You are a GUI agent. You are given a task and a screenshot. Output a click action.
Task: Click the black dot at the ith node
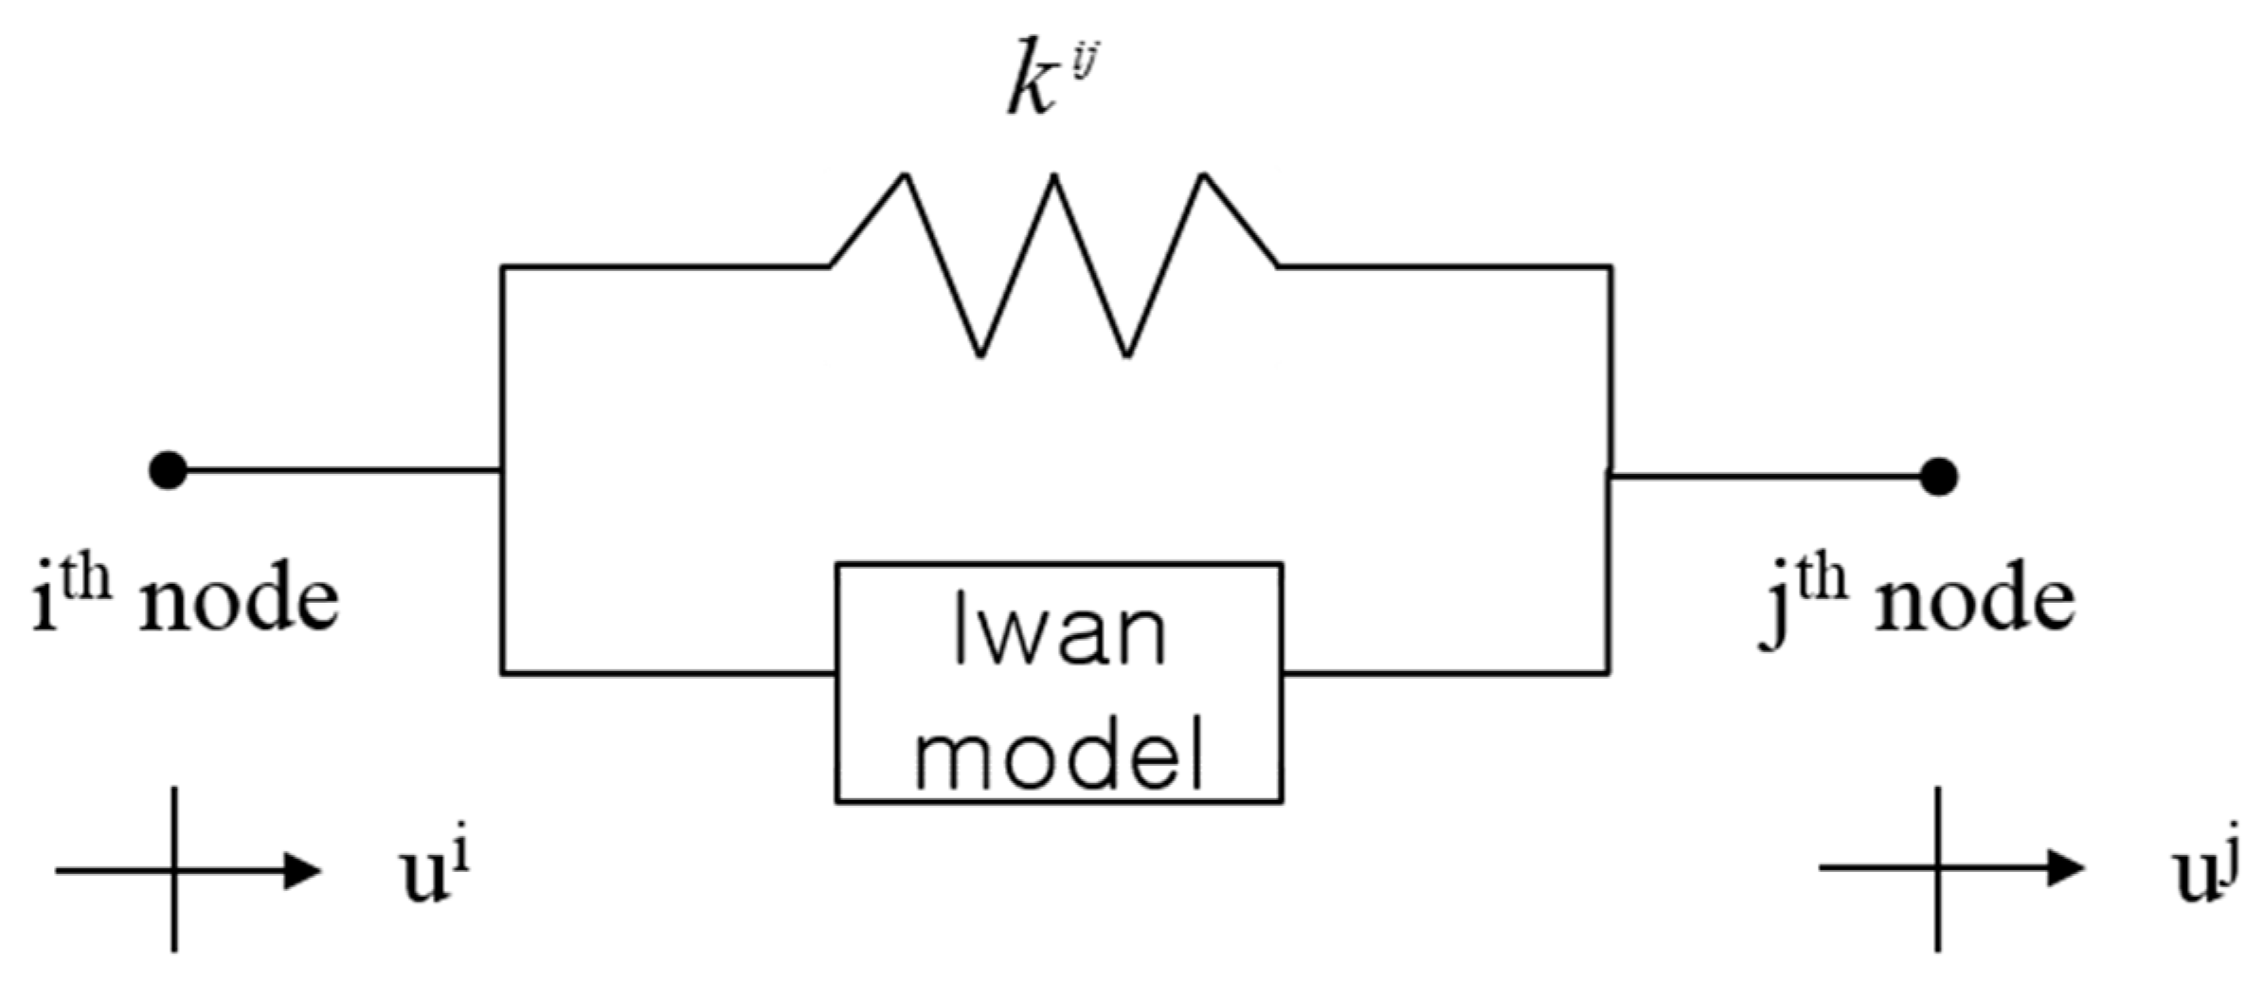click(169, 469)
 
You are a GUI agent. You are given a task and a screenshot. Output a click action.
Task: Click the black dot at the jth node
click(1938, 477)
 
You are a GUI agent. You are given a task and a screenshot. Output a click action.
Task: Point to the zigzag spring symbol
click(1053, 265)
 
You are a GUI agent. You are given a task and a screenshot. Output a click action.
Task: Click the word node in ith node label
click(239, 604)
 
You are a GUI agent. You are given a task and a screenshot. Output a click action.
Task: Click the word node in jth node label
click(1974, 604)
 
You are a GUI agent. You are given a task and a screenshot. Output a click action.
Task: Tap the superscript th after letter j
click(1824, 580)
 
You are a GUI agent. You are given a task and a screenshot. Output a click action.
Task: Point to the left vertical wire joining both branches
click(502, 569)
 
